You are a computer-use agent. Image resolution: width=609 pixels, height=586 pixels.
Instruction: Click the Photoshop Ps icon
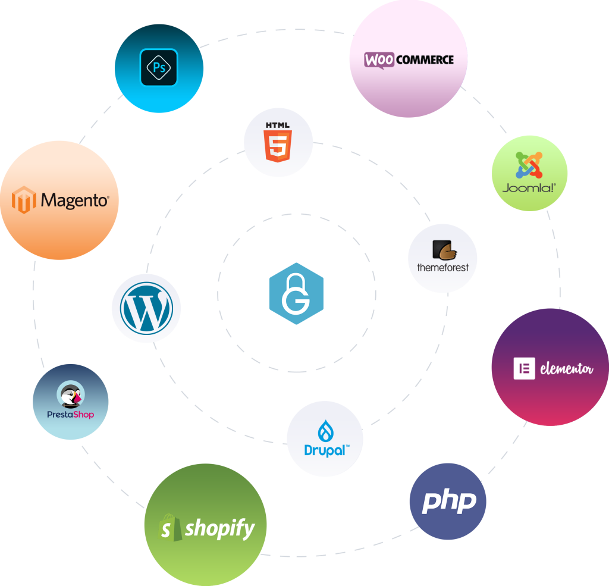click(159, 67)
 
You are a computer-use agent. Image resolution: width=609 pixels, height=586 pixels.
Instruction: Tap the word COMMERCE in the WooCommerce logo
click(424, 59)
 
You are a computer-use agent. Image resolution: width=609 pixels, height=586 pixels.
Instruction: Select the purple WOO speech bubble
click(379, 59)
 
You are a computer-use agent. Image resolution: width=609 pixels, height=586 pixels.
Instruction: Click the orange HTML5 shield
click(278, 146)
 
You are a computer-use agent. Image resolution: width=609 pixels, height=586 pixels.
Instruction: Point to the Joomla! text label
click(529, 188)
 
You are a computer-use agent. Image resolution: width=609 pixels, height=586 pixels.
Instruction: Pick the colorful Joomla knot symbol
click(529, 165)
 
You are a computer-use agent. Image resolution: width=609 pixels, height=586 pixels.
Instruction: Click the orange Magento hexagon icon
click(24, 200)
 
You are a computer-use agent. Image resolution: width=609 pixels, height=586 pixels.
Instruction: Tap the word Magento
click(74, 200)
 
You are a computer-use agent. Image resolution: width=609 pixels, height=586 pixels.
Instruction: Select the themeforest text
click(442, 268)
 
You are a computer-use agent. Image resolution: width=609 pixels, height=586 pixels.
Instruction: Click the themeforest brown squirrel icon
click(444, 250)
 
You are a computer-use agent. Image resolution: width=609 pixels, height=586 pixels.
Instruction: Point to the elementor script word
click(566, 369)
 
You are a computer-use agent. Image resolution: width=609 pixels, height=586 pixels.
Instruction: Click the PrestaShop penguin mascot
click(71, 394)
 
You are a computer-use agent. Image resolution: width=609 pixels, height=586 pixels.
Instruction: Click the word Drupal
click(325, 450)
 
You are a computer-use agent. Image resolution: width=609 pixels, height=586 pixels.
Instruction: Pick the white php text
click(448, 502)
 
